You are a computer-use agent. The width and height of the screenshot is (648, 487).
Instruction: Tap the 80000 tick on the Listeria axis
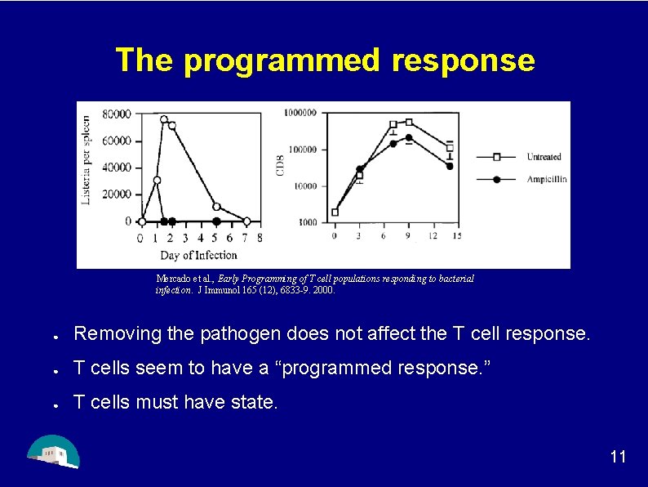(117, 114)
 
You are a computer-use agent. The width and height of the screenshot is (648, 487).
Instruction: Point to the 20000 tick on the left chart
(117, 194)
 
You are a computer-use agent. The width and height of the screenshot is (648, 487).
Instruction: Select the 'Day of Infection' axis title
(198, 255)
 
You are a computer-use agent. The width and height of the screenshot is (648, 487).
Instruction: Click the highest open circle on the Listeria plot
(164, 119)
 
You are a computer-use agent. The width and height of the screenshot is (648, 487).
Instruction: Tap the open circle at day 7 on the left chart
(246, 221)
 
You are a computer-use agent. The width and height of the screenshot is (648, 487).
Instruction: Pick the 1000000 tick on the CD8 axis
(300, 112)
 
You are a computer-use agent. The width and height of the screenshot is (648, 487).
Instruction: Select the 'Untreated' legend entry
(544, 157)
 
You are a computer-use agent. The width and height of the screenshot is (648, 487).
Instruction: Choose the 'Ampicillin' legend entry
(546, 179)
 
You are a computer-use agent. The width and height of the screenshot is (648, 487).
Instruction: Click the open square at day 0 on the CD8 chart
(335, 212)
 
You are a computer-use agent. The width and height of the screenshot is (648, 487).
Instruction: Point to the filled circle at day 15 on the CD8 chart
(450, 166)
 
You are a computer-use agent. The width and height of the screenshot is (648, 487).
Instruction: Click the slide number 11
(618, 456)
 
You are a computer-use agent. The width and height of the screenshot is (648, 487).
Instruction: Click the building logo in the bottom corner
(53, 450)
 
